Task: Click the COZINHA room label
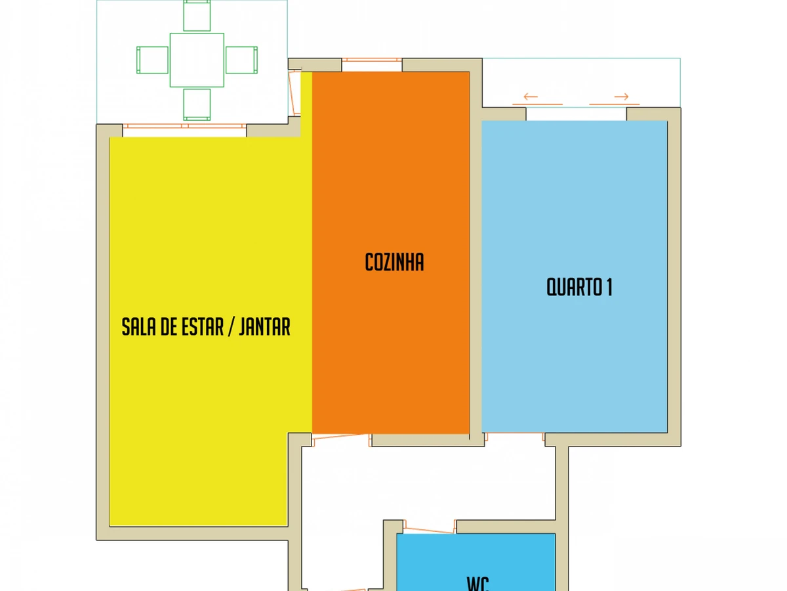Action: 394,262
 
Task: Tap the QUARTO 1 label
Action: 579,287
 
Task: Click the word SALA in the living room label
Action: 138,326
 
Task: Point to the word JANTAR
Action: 264,326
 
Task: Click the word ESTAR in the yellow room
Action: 203,326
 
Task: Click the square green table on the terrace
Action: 197,60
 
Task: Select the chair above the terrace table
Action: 197,15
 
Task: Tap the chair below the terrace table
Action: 197,105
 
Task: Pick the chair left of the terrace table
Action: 152,60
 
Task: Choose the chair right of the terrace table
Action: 241,60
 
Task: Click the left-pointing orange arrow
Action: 531,97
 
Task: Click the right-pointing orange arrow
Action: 621,97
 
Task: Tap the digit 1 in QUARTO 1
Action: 609,287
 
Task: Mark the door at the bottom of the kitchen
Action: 340,439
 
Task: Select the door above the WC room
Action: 430,527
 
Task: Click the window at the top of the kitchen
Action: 372,60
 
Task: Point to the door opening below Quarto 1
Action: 515,435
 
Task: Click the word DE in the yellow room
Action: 168,326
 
